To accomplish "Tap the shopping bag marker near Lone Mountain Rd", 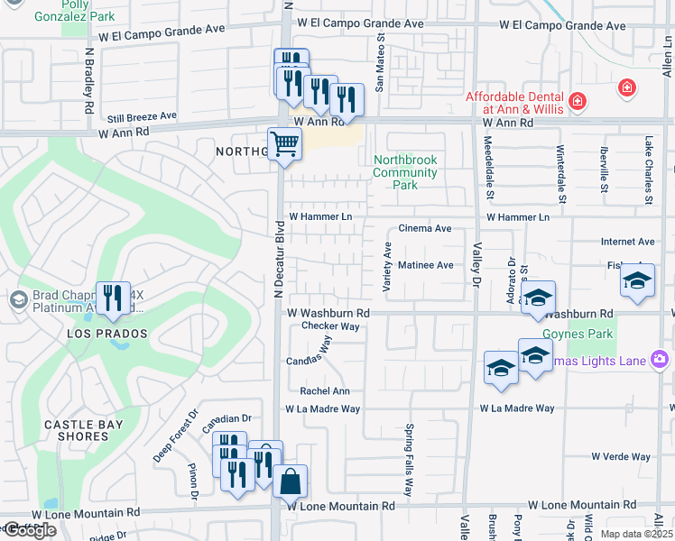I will point(290,482).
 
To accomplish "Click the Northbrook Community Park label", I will point(405,172).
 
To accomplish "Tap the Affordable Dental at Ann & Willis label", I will point(514,103).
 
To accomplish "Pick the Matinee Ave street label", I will point(425,265).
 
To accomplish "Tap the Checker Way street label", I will point(330,326).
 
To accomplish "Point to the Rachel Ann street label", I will point(325,391).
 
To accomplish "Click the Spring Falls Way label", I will point(409,460).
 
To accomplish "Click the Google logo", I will point(30,530).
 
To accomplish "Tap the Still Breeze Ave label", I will point(142,116).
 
